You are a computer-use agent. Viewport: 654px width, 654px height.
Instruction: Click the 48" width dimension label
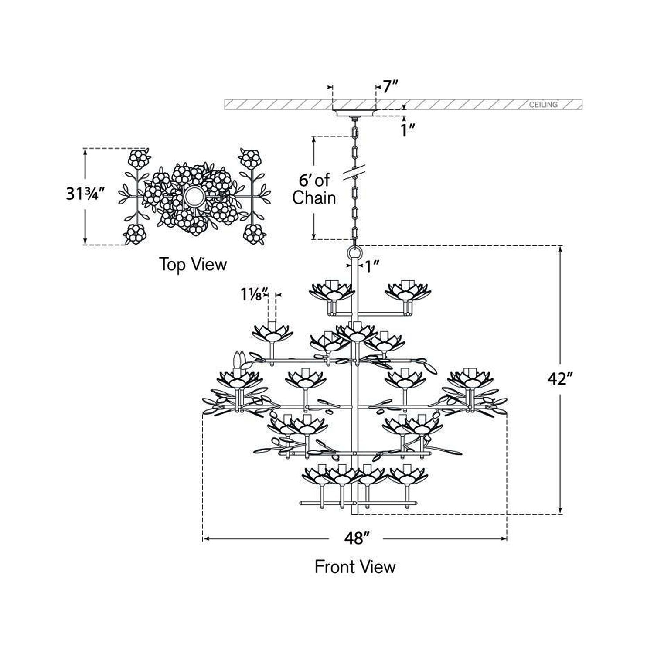click(356, 539)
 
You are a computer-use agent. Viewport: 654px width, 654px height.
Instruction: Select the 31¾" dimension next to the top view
click(86, 193)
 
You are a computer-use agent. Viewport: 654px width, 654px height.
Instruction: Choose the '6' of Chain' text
click(314, 189)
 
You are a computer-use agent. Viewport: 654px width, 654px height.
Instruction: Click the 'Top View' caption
click(193, 265)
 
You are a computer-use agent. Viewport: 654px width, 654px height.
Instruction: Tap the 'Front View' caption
click(355, 567)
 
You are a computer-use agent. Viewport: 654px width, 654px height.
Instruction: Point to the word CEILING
click(543, 105)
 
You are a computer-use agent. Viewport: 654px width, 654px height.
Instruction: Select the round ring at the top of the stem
click(354, 252)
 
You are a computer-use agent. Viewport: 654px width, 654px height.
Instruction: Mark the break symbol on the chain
click(354, 173)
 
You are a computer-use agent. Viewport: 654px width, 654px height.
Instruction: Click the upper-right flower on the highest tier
click(408, 291)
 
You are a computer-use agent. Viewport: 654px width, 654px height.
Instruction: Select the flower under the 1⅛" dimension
click(272, 336)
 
